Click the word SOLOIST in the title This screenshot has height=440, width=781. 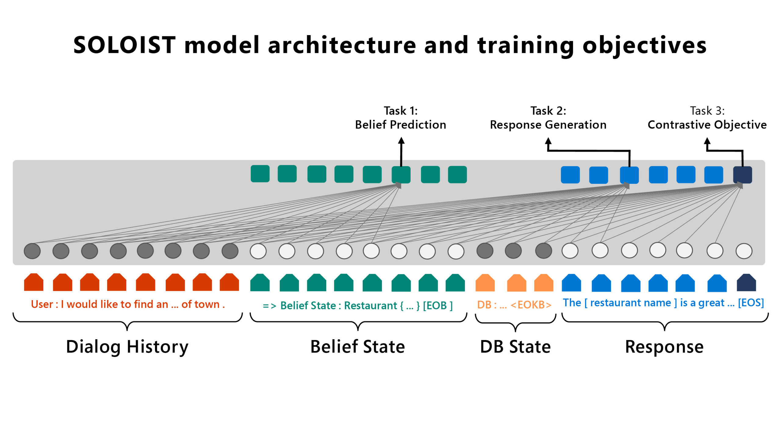(x=124, y=45)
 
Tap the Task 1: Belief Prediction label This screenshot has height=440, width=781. (x=401, y=118)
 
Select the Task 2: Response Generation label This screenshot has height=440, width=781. (x=548, y=118)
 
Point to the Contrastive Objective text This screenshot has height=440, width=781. (x=707, y=125)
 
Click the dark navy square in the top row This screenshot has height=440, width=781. (x=742, y=175)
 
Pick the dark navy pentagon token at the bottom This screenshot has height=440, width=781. (x=746, y=283)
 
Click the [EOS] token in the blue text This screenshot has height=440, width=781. (x=751, y=303)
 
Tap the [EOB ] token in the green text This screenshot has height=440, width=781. (x=437, y=306)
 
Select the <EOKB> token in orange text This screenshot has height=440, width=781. (x=531, y=305)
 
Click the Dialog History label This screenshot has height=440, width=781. (x=127, y=347)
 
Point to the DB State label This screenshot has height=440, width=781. (x=515, y=347)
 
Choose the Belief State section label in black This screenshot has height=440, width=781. (x=358, y=347)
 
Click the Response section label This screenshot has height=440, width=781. (x=664, y=347)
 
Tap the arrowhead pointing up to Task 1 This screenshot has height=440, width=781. (x=401, y=141)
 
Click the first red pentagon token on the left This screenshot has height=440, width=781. (x=34, y=282)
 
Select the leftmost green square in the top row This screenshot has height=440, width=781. (x=260, y=174)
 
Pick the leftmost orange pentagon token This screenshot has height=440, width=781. (x=485, y=283)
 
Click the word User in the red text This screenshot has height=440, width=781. (x=42, y=304)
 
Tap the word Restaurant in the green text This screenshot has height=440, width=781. (x=370, y=306)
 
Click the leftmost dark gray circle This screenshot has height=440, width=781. (x=32, y=251)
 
